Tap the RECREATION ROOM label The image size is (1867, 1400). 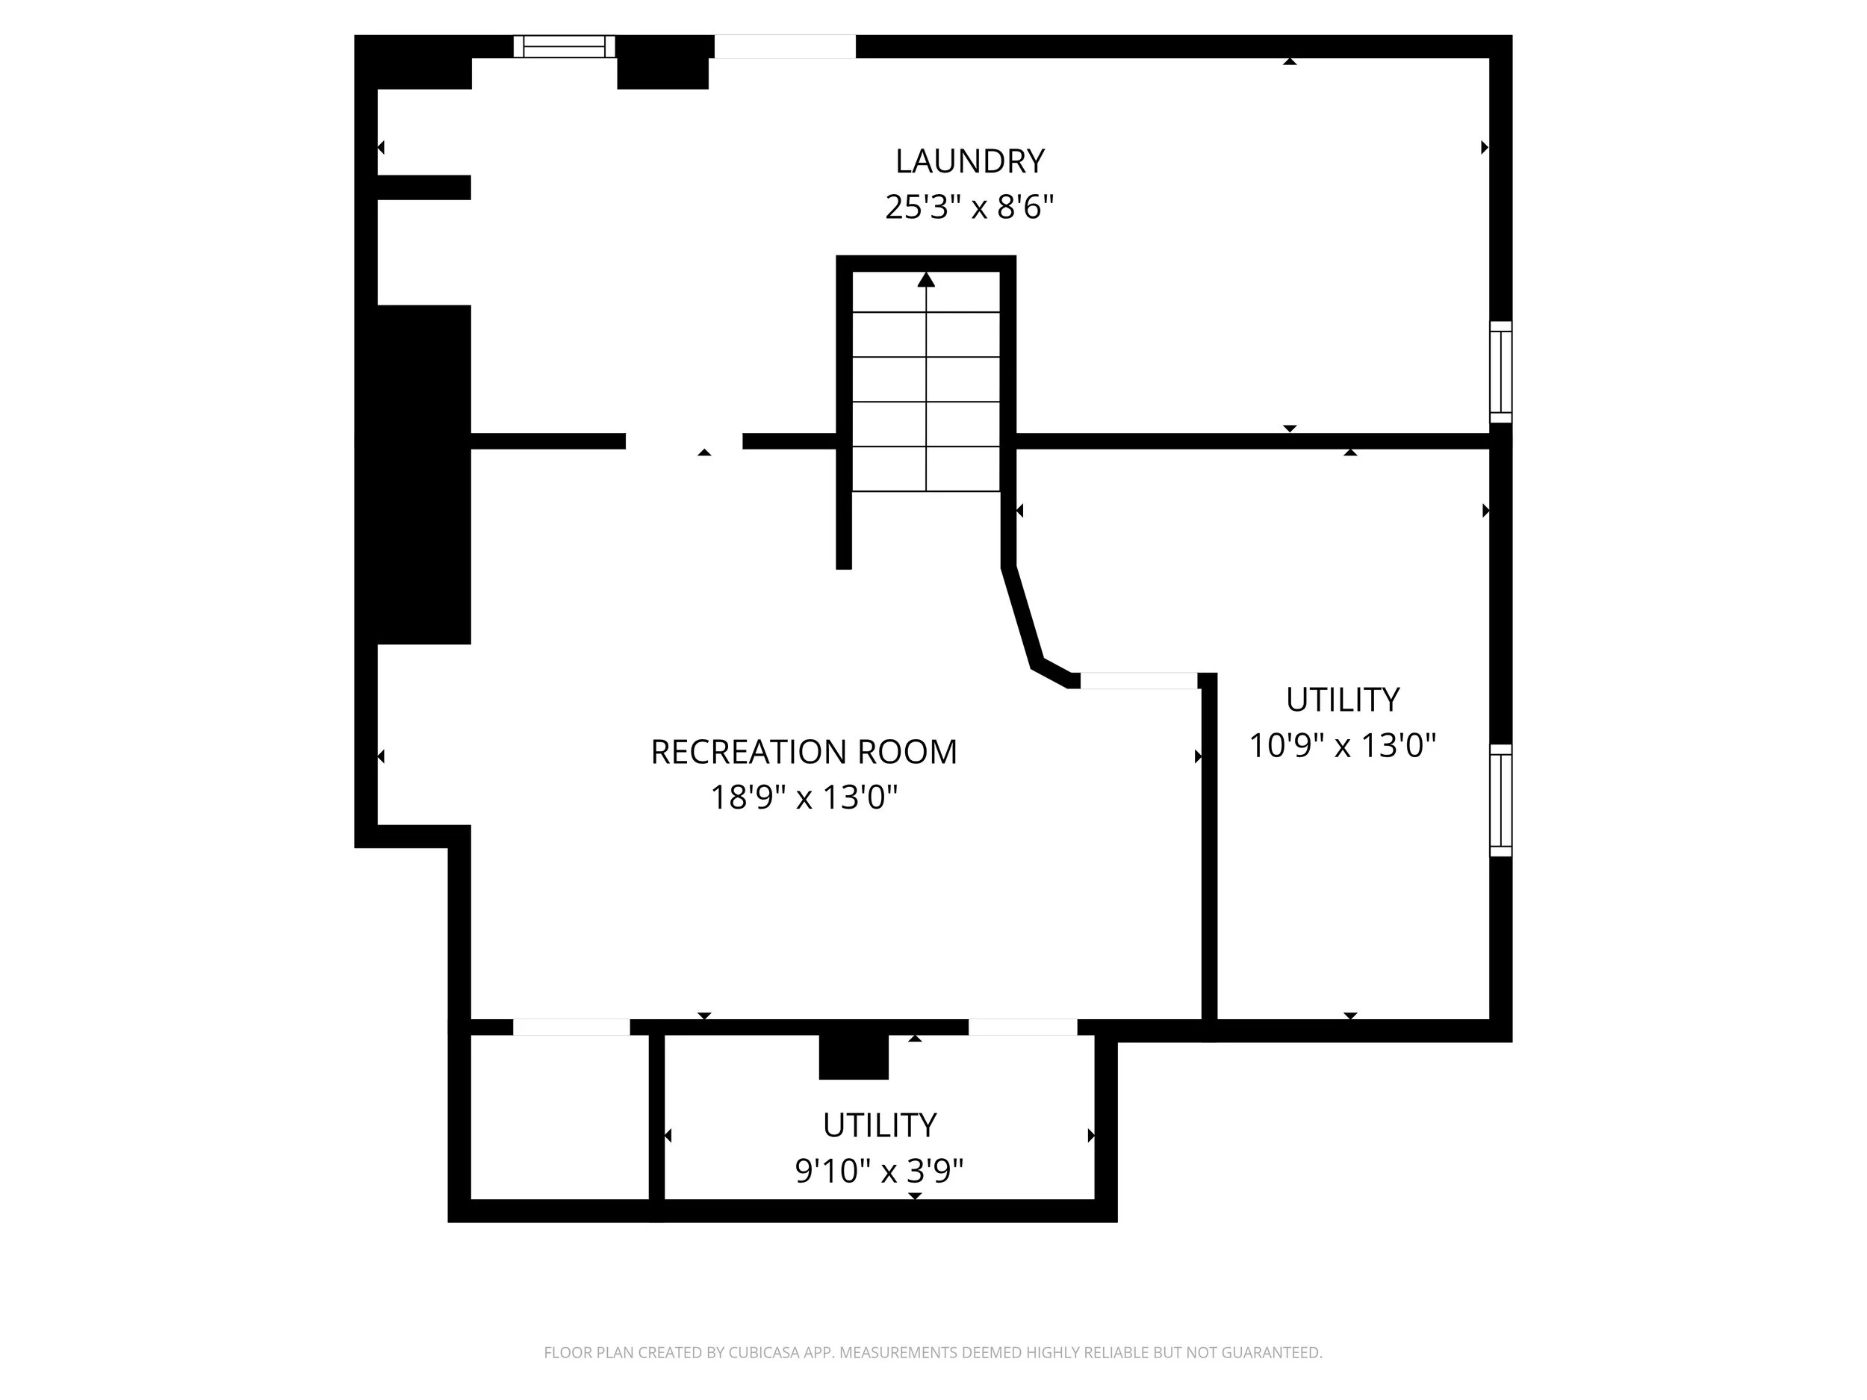click(x=804, y=752)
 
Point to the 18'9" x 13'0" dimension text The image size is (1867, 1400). click(x=804, y=797)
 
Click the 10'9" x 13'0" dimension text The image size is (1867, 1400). click(x=1342, y=746)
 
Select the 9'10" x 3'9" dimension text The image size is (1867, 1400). click(x=879, y=1172)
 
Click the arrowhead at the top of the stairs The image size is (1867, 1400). click(x=926, y=279)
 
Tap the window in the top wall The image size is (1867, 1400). click(x=564, y=46)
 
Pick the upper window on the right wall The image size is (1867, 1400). click(x=1500, y=371)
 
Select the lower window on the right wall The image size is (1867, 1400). click(x=1500, y=800)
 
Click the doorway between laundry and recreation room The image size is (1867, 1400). click(x=683, y=441)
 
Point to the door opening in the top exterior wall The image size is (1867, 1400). click(x=785, y=46)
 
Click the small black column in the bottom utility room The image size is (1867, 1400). click(x=854, y=1056)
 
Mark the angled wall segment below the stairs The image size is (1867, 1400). click(x=1022, y=616)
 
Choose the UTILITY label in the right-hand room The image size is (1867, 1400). click(x=1342, y=700)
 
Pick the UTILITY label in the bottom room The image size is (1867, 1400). click(x=879, y=1126)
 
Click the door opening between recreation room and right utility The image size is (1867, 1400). click(x=1139, y=681)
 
